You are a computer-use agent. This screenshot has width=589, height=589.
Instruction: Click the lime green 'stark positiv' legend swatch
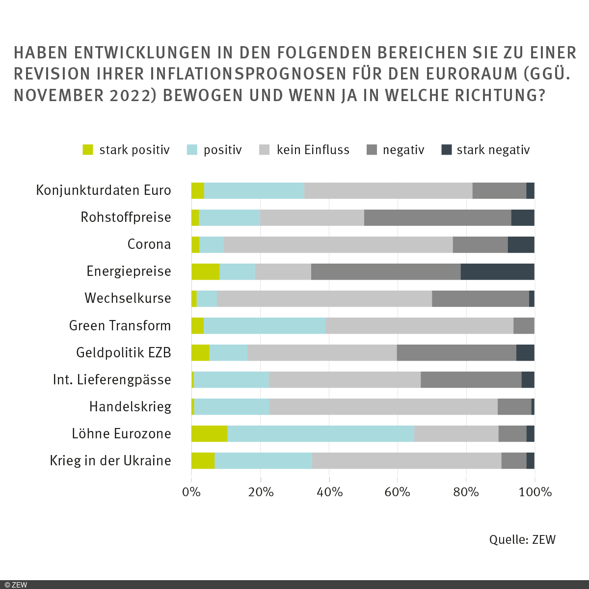[88, 150]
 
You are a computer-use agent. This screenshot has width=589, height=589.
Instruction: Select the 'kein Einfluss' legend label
[313, 150]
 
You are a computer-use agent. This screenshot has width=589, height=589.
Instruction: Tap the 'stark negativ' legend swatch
[446, 150]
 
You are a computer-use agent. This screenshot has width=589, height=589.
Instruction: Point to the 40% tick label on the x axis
[329, 492]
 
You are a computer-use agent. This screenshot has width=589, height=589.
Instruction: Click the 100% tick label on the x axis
[535, 492]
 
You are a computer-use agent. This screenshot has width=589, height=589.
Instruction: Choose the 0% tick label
[191, 492]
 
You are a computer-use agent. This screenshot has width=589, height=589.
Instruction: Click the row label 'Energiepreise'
[129, 271]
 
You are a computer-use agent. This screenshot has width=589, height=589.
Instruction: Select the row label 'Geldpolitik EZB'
[123, 352]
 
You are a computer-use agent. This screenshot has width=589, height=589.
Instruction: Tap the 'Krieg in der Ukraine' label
[110, 461]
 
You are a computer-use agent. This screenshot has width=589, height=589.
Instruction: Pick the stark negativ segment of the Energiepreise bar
[497, 271]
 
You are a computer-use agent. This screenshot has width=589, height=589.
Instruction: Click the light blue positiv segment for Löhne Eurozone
[321, 434]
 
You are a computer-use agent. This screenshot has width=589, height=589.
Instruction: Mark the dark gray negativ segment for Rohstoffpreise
[437, 217]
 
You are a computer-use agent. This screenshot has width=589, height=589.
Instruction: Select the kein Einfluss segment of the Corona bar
[338, 244]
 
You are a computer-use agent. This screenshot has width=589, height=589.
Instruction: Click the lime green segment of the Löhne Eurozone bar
[209, 434]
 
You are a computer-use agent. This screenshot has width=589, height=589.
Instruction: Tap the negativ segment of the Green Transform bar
[524, 325]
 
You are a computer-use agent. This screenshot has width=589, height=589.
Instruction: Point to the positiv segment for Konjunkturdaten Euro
[254, 190]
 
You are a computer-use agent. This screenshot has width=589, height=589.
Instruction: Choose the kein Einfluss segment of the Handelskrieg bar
[383, 407]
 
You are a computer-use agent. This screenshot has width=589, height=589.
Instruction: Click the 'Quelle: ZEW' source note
[522, 540]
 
